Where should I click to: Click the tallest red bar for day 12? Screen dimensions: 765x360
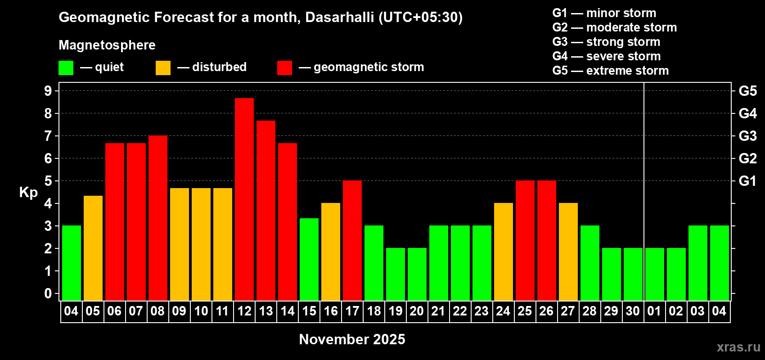[244, 199]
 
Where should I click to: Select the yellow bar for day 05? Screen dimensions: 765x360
[93, 248]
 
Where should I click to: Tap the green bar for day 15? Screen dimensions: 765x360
[309, 260]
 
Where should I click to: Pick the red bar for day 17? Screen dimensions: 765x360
[352, 241]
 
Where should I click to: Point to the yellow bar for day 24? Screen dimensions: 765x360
[504, 252]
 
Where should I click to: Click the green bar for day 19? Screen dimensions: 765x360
[396, 274]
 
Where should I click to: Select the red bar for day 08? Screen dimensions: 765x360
[158, 218]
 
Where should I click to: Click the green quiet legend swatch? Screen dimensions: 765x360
[66, 67]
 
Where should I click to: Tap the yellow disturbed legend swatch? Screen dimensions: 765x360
[163, 67]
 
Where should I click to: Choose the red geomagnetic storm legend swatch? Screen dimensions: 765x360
[284, 67]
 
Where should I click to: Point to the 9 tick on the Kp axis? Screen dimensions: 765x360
[48, 91]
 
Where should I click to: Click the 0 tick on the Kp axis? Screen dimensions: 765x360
[48, 293]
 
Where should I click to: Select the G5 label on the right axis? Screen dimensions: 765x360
[748, 91]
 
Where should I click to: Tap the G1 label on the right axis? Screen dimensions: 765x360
[748, 181]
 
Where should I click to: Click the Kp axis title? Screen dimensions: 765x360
[28, 193]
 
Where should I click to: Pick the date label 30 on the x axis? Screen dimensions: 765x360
[633, 311]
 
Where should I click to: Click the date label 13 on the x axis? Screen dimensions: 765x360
[266, 311]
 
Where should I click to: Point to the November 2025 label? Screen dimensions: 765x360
[352, 339]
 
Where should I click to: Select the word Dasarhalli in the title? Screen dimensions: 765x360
[339, 18]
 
